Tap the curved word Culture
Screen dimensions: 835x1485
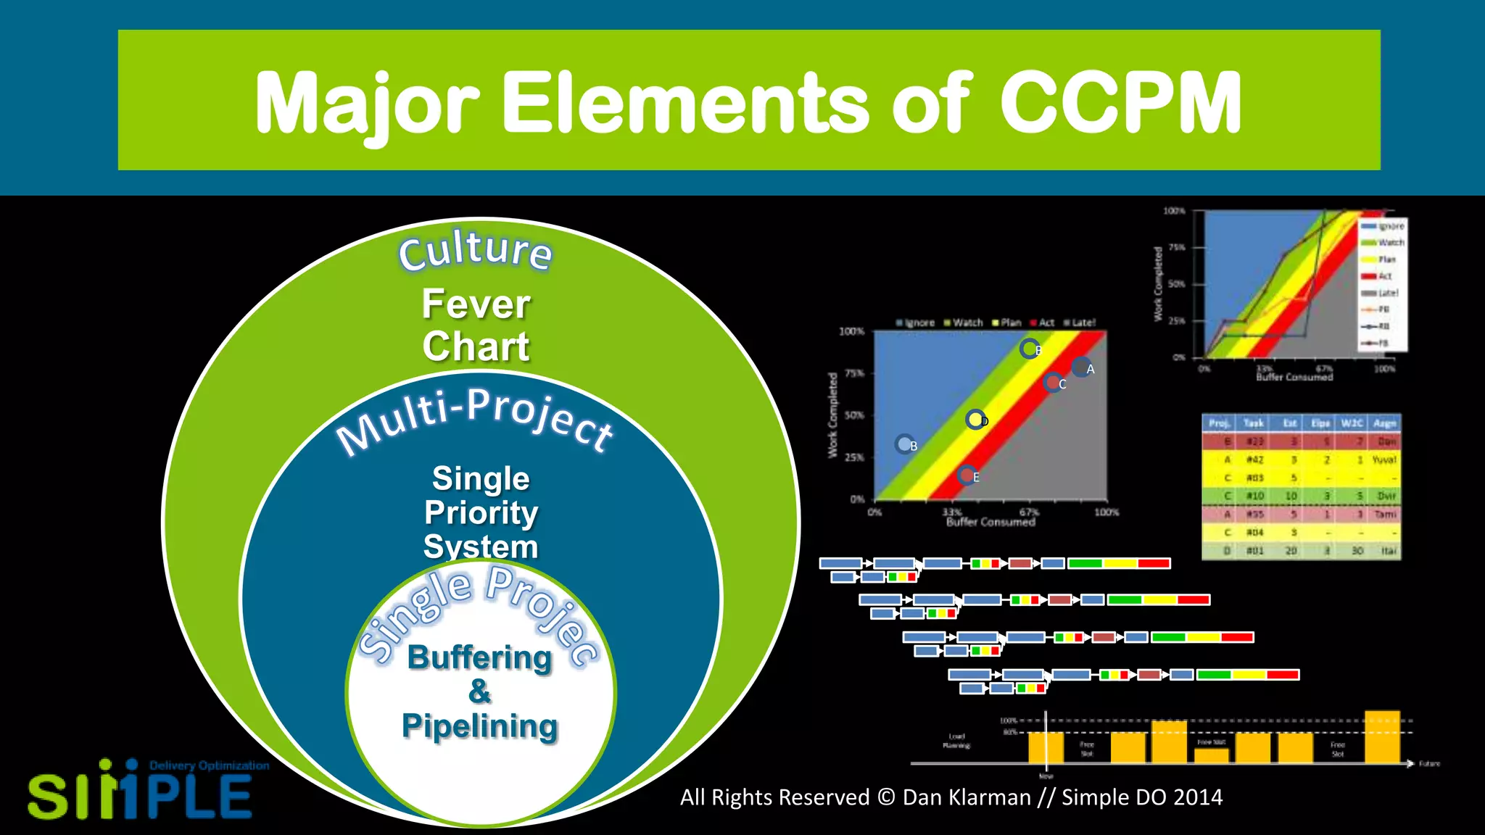(475, 250)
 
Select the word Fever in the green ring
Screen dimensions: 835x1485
(476, 304)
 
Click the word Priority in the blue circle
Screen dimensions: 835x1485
(481, 512)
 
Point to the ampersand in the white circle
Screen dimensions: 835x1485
(479, 691)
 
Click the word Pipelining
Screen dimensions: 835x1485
(479, 726)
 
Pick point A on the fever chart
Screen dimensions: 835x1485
(1081, 367)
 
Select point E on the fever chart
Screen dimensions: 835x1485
(967, 475)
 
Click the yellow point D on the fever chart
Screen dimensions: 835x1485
(975, 419)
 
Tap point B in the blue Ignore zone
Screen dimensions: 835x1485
(904, 444)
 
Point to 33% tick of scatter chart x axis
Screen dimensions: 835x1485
(952, 511)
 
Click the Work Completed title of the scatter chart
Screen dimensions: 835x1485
(832, 415)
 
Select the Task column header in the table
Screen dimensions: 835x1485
(1253, 423)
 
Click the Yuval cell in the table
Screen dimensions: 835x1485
(1383, 460)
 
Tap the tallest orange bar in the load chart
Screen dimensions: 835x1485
(1381, 736)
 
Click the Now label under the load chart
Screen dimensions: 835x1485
(1046, 776)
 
